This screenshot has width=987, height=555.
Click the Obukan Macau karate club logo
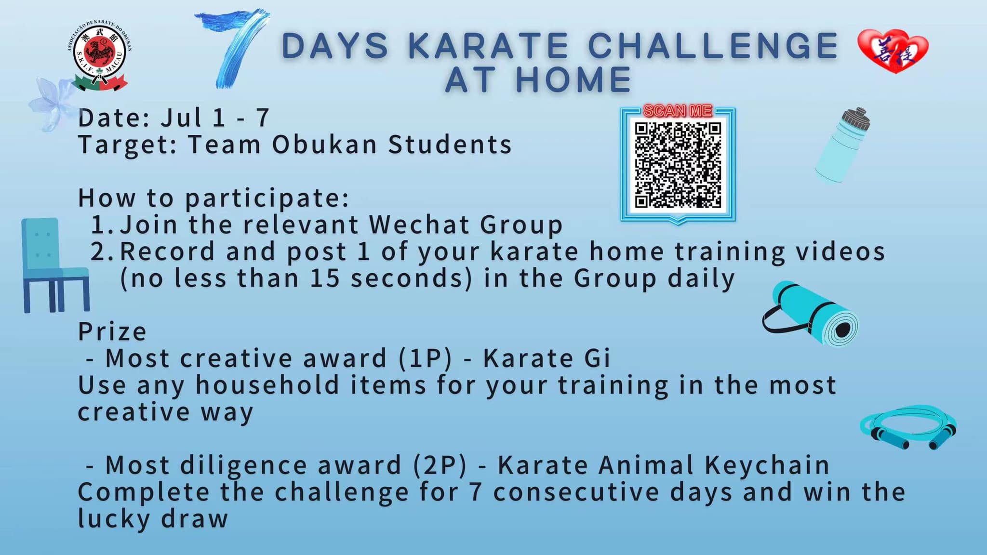100,56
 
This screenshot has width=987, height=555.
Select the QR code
678,165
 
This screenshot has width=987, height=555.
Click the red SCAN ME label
678,111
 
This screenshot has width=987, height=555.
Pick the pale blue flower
52,104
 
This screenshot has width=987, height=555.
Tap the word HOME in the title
573,79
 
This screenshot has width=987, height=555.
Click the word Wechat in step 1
418,225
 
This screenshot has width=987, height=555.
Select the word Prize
112,331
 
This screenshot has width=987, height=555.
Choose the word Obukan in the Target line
324,145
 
